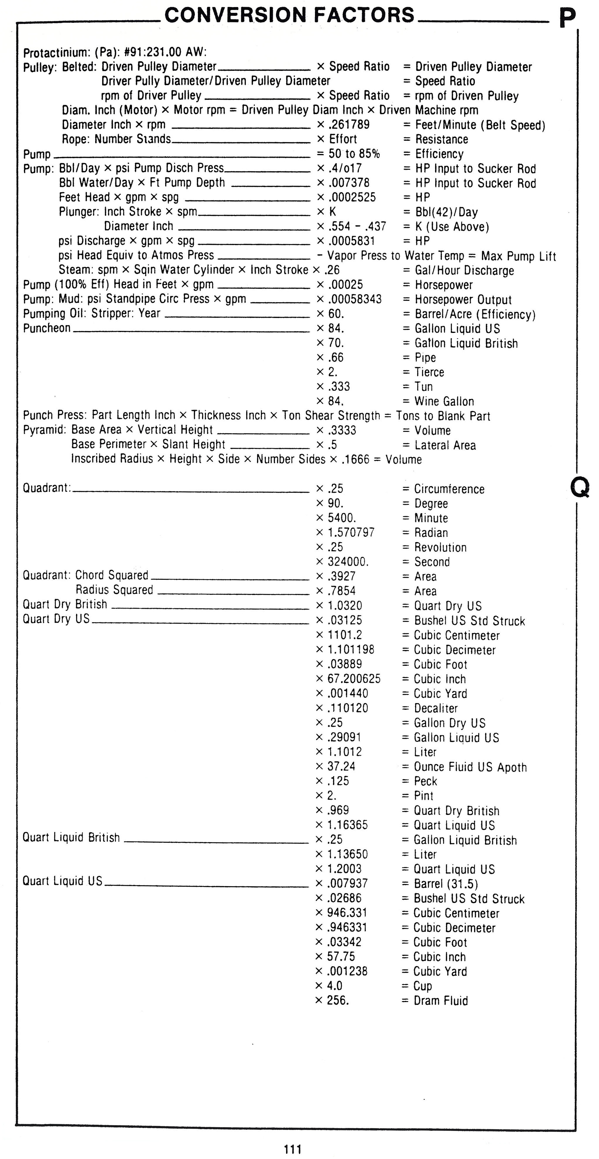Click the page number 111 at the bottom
(x=293, y=1149)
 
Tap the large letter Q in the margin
(x=580, y=487)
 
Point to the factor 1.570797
(x=351, y=532)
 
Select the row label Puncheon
(x=47, y=328)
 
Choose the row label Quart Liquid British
(x=71, y=837)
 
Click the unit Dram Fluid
(x=441, y=1001)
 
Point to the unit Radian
(x=431, y=533)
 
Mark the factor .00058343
(x=355, y=299)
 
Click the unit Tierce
(x=429, y=372)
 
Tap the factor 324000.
(x=348, y=562)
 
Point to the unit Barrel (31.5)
(x=446, y=884)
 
